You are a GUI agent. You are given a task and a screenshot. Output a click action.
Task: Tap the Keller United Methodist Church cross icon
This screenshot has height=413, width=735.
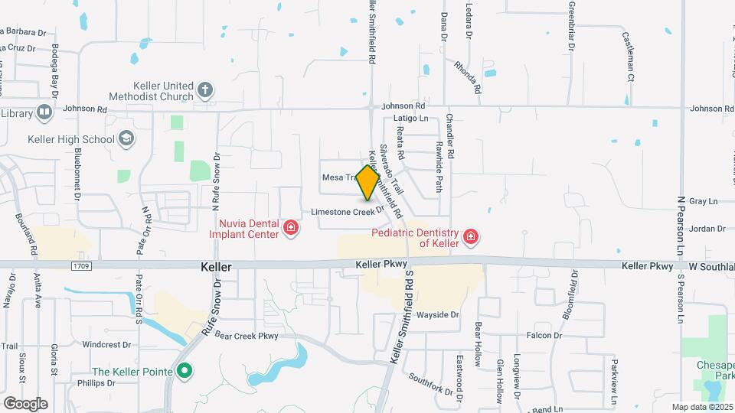[x=204, y=90]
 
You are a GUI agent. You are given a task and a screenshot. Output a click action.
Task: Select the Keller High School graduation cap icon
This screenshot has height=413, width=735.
[x=126, y=139]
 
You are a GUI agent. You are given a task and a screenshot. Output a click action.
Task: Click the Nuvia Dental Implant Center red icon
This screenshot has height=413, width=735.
[x=290, y=227]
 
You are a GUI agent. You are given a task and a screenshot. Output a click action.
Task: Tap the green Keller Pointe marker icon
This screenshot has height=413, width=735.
[x=184, y=372]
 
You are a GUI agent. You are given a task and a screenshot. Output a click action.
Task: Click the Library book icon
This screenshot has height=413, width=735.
[x=44, y=113]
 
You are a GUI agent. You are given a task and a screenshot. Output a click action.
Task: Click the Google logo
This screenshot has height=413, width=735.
[x=25, y=403]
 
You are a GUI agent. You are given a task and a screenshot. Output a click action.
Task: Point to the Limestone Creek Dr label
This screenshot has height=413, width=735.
[x=347, y=211]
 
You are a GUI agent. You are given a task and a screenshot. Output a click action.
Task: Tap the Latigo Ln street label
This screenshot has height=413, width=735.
[x=410, y=119]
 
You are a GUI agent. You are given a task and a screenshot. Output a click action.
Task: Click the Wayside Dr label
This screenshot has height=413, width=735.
[x=437, y=314]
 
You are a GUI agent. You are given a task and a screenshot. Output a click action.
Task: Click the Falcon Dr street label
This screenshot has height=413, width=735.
[x=544, y=335]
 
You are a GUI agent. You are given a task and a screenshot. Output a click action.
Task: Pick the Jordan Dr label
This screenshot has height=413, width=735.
[x=706, y=228]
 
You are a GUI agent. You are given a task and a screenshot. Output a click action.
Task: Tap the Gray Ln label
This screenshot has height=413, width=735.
[x=702, y=201]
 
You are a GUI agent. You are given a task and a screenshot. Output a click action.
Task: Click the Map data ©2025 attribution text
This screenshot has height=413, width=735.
[x=702, y=407]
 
